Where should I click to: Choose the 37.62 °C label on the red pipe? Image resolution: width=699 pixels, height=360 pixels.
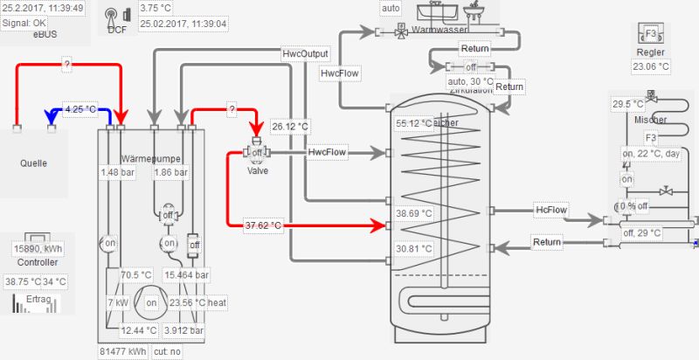click(x=263, y=225)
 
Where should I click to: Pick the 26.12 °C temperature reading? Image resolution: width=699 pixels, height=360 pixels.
click(x=289, y=126)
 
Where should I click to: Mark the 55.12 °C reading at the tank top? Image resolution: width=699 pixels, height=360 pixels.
click(x=412, y=123)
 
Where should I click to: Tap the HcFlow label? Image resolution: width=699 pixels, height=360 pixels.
click(x=551, y=210)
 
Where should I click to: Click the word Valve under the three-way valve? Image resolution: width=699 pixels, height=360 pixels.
click(x=257, y=170)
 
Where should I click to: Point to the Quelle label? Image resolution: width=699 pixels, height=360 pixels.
click(x=33, y=163)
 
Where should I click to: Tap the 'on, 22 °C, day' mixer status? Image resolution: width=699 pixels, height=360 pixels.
click(x=651, y=154)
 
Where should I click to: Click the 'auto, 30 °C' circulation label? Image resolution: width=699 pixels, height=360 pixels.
click(x=470, y=81)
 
